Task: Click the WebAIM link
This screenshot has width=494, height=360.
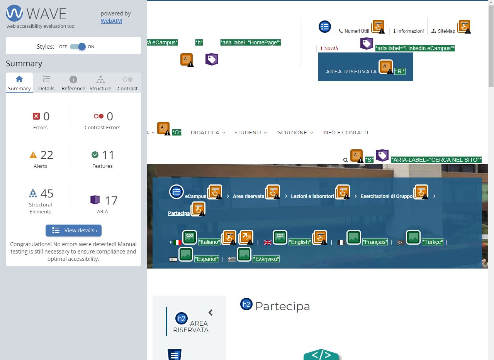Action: tap(111, 21)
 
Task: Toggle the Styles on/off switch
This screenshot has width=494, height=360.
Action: tap(78, 47)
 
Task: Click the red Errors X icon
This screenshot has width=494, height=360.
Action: tap(36, 116)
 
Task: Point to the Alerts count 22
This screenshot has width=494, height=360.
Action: tap(47, 155)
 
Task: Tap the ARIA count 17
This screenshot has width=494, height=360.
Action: tap(111, 201)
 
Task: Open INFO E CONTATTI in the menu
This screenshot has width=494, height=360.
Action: tap(345, 133)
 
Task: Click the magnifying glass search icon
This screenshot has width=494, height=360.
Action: tap(346, 160)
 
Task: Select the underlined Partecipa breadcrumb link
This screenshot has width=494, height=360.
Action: tap(179, 213)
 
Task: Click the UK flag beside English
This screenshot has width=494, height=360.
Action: tap(268, 243)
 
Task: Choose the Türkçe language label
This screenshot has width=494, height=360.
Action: tap(433, 242)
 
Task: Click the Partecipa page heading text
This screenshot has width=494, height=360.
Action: tap(282, 306)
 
